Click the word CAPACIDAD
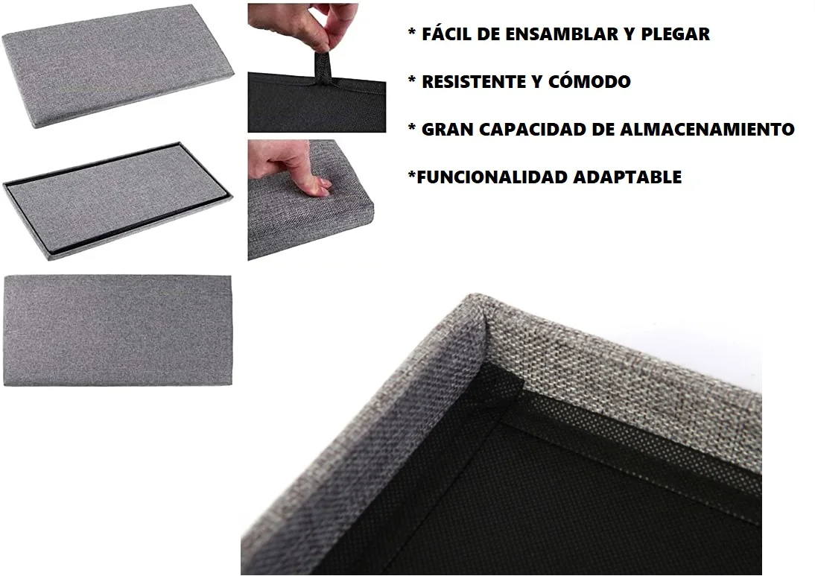coord(531,130)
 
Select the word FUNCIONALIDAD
coord(492,177)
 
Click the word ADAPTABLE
coord(627,177)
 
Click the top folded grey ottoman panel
coord(118,64)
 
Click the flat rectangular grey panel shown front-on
coord(118,330)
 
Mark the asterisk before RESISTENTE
coord(411,82)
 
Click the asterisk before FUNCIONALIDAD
coord(411,177)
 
